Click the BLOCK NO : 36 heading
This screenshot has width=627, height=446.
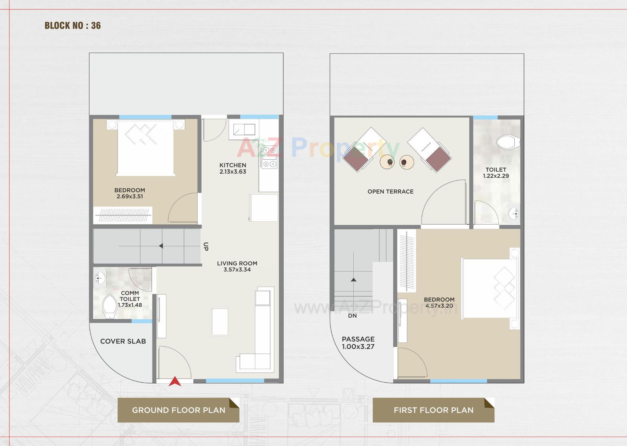[72, 25]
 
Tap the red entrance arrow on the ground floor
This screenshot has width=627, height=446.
[175, 381]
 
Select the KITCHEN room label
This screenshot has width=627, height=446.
[233, 165]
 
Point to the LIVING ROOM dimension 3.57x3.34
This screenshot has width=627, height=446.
[237, 270]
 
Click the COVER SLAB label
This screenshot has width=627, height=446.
[123, 341]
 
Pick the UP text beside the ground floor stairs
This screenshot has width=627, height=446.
[206, 246]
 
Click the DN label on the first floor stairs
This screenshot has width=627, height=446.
[352, 316]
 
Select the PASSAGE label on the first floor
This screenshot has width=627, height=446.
[358, 339]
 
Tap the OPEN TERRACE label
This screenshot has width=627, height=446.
[390, 192]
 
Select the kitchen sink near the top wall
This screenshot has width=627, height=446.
[244, 130]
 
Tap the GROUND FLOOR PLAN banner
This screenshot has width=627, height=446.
[178, 410]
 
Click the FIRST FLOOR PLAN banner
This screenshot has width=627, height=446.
[433, 410]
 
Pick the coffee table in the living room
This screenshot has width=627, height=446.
[219, 322]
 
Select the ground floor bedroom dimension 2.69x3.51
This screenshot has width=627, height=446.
[130, 197]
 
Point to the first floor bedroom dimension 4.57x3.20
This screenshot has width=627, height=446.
[439, 306]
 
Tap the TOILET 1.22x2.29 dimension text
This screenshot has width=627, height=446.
[496, 176]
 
